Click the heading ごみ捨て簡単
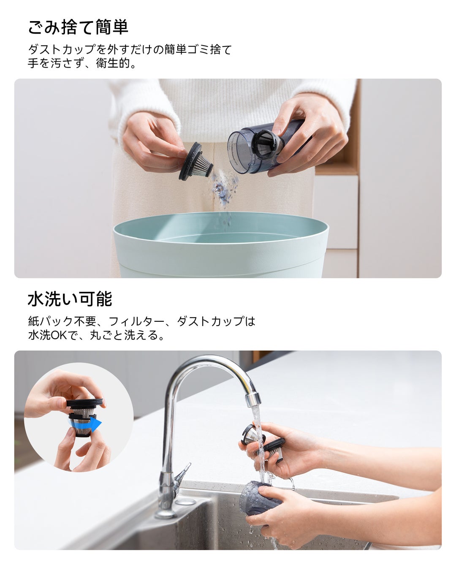pos(78,27)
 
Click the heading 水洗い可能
pos(70,299)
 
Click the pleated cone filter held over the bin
pos(196,162)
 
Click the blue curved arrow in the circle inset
pos(87,423)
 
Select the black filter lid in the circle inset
pos(84,404)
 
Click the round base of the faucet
pos(166,514)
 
